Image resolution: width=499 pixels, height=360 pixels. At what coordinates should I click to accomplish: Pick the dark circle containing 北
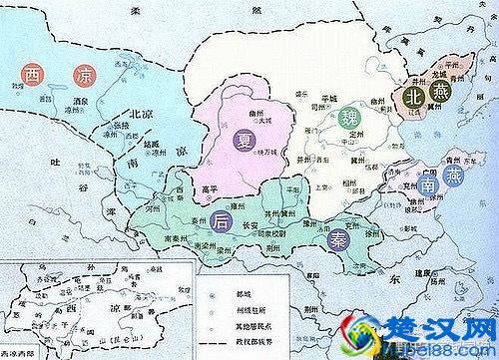(x=413, y=96)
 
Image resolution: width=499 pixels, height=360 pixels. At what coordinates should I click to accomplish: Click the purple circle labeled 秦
(x=334, y=239)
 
